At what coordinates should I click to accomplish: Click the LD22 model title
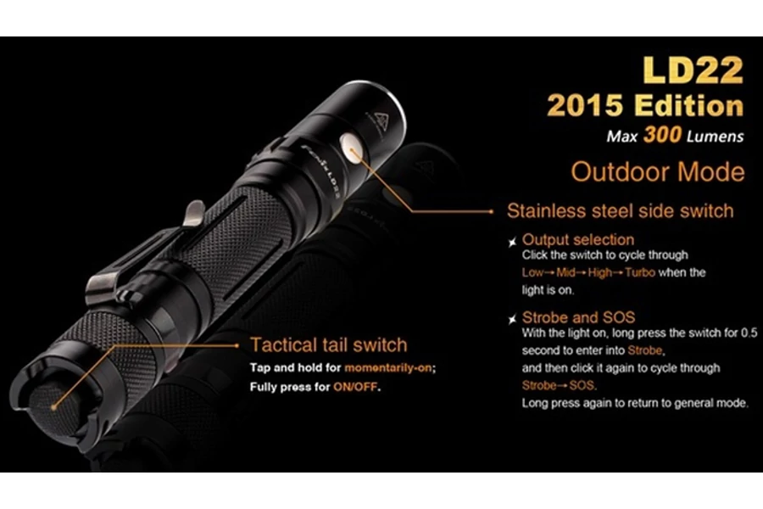(693, 70)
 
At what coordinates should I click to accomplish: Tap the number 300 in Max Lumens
(662, 135)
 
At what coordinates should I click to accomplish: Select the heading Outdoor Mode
(657, 172)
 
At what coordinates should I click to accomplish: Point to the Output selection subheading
(578, 239)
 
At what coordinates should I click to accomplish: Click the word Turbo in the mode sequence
(640, 272)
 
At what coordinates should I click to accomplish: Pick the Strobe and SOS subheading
(578, 317)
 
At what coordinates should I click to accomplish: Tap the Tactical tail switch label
(329, 345)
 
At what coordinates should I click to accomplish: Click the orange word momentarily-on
(388, 367)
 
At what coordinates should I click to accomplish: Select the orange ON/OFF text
(354, 387)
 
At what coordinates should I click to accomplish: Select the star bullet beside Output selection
(512, 242)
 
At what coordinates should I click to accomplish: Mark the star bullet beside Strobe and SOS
(512, 320)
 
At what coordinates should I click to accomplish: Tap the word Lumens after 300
(715, 137)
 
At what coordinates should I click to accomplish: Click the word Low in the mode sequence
(532, 272)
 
